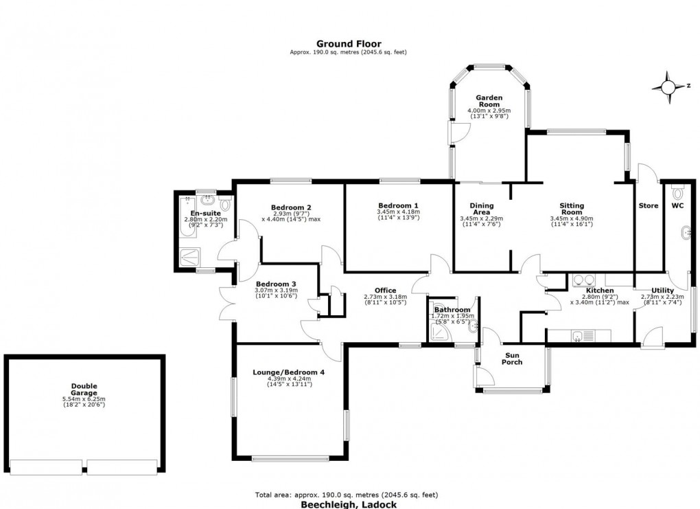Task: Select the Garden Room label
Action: click(489, 102)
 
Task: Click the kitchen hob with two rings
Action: click(583, 280)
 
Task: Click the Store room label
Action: click(648, 205)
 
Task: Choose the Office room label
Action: click(385, 290)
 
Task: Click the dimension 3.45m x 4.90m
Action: click(571, 219)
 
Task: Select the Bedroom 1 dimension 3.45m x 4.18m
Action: click(398, 212)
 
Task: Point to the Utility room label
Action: click(662, 291)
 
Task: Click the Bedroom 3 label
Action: click(277, 284)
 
